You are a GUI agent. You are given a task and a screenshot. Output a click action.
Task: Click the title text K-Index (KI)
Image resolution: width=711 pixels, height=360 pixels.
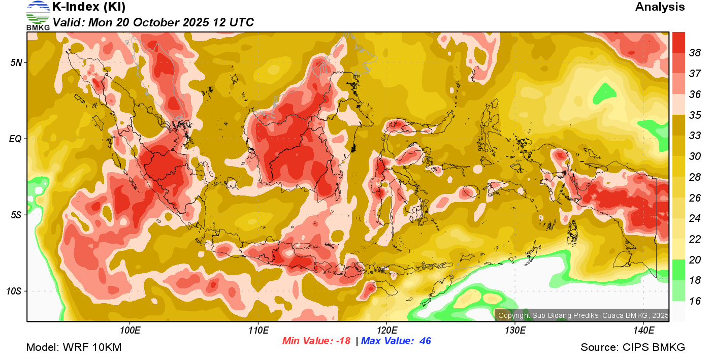click(89, 7)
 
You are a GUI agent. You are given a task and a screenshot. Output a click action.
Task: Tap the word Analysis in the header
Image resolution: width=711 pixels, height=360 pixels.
click(660, 7)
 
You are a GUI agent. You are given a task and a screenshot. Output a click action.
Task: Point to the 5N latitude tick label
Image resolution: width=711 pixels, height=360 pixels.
click(16, 62)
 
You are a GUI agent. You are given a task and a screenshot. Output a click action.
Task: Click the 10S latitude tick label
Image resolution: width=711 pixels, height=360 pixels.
click(14, 291)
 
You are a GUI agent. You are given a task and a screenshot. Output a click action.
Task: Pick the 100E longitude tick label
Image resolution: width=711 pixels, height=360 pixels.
click(130, 331)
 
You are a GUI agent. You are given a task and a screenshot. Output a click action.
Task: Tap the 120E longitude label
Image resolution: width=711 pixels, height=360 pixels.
click(387, 331)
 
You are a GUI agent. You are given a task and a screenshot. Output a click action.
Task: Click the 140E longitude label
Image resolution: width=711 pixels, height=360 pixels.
click(644, 331)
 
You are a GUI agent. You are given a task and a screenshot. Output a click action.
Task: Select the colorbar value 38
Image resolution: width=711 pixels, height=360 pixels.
click(695, 52)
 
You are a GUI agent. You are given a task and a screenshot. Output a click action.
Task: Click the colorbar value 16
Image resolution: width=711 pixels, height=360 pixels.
click(695, 301)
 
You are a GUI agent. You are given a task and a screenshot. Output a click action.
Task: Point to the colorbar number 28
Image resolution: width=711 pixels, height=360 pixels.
click(695, 177)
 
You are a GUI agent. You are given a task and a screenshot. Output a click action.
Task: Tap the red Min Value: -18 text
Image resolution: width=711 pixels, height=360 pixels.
click(316, 341)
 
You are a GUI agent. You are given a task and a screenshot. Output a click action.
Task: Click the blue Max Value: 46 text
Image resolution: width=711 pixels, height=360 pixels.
click(396, 341)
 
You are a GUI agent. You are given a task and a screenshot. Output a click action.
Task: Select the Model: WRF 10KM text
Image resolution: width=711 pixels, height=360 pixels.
click(74, 348)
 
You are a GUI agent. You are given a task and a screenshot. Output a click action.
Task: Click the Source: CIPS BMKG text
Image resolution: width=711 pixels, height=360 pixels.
click(633, 348)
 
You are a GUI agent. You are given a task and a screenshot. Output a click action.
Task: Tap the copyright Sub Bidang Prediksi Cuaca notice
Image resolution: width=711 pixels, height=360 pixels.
click(583, 315)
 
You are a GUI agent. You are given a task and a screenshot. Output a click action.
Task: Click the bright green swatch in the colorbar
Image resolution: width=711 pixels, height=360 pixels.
click(678, 270)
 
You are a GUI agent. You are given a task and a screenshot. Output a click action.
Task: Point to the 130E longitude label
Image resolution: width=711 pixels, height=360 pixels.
click(515, 331)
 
